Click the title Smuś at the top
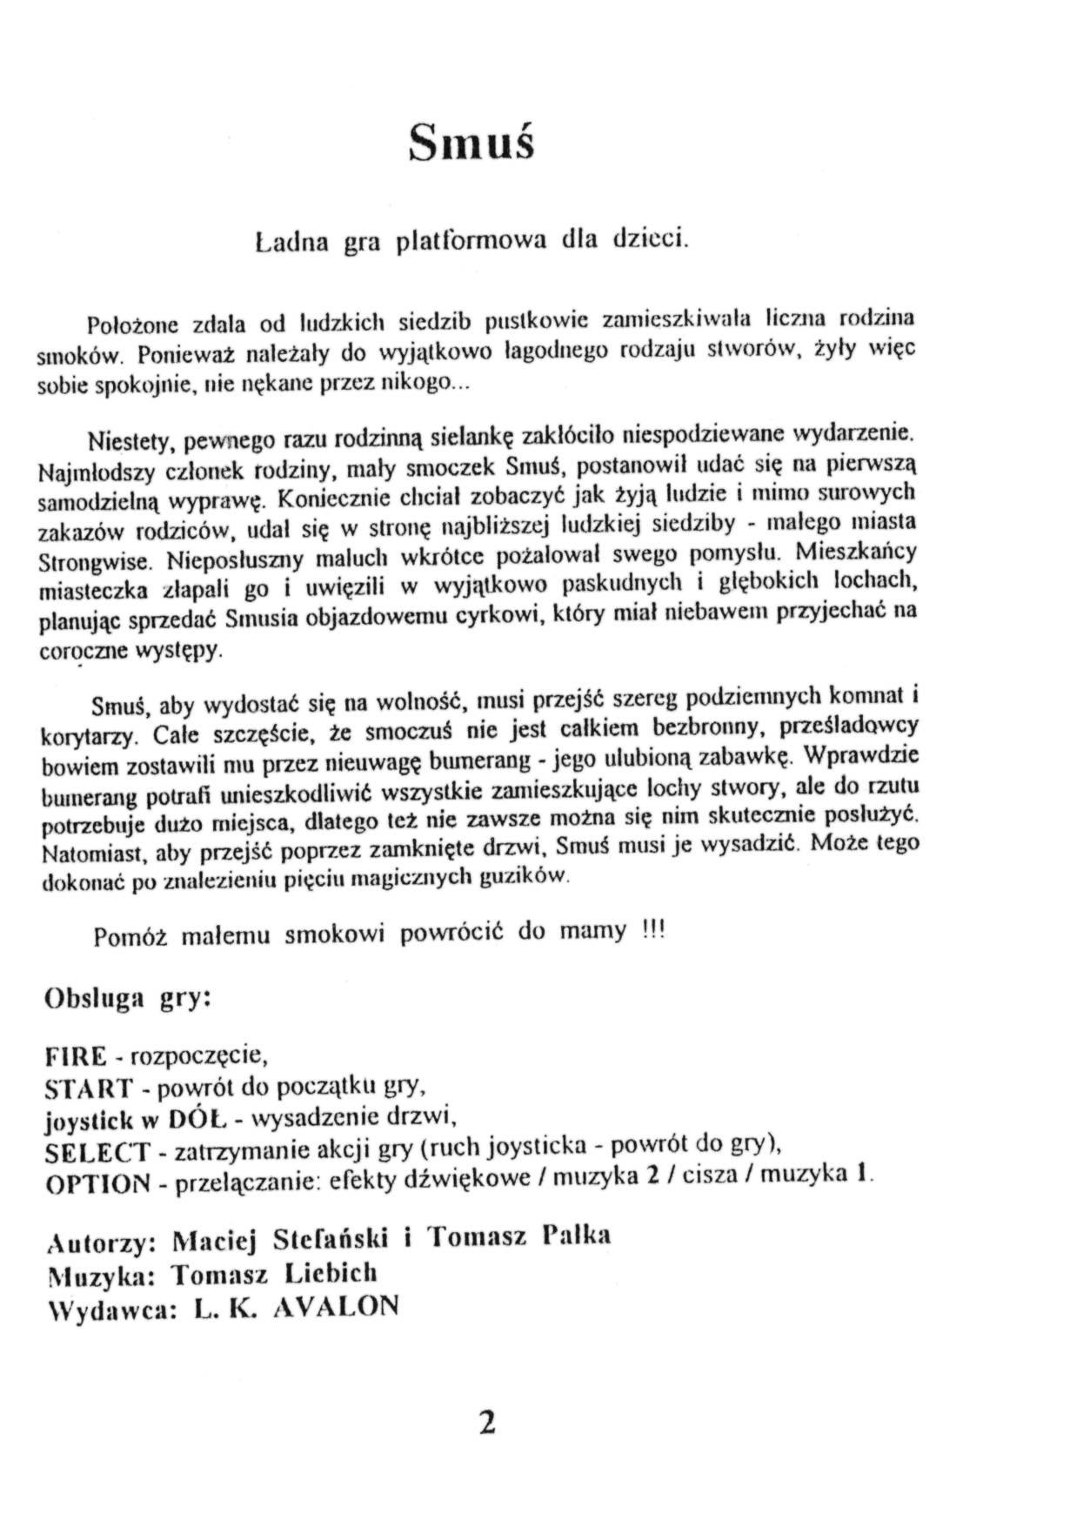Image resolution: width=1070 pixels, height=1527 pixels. tap(471, 141)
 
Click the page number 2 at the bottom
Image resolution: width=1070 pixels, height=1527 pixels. tap(486, 1423)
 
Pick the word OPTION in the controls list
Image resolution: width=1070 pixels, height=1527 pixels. tap(97, 1184)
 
